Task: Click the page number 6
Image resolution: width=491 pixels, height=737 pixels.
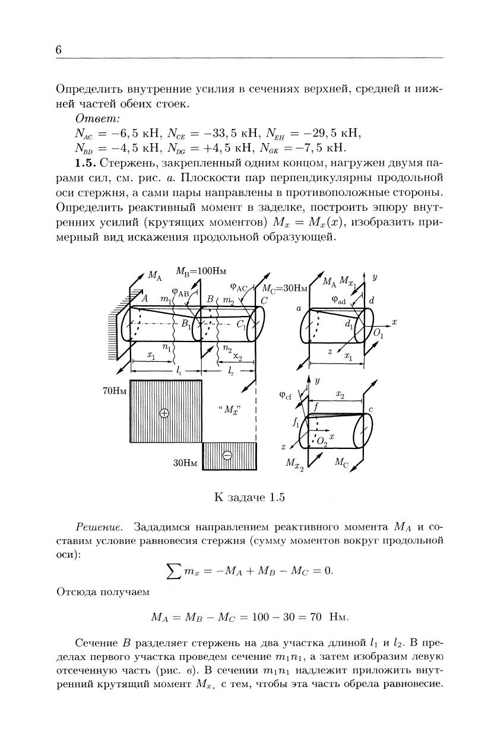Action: click(x=59, y=50)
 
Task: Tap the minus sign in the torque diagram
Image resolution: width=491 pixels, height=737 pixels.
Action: click(x=227, y=456)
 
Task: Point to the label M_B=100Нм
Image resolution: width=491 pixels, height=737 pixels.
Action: click(x=202, y=271)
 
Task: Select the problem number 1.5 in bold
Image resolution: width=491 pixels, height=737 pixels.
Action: click(x=85, y=162)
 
